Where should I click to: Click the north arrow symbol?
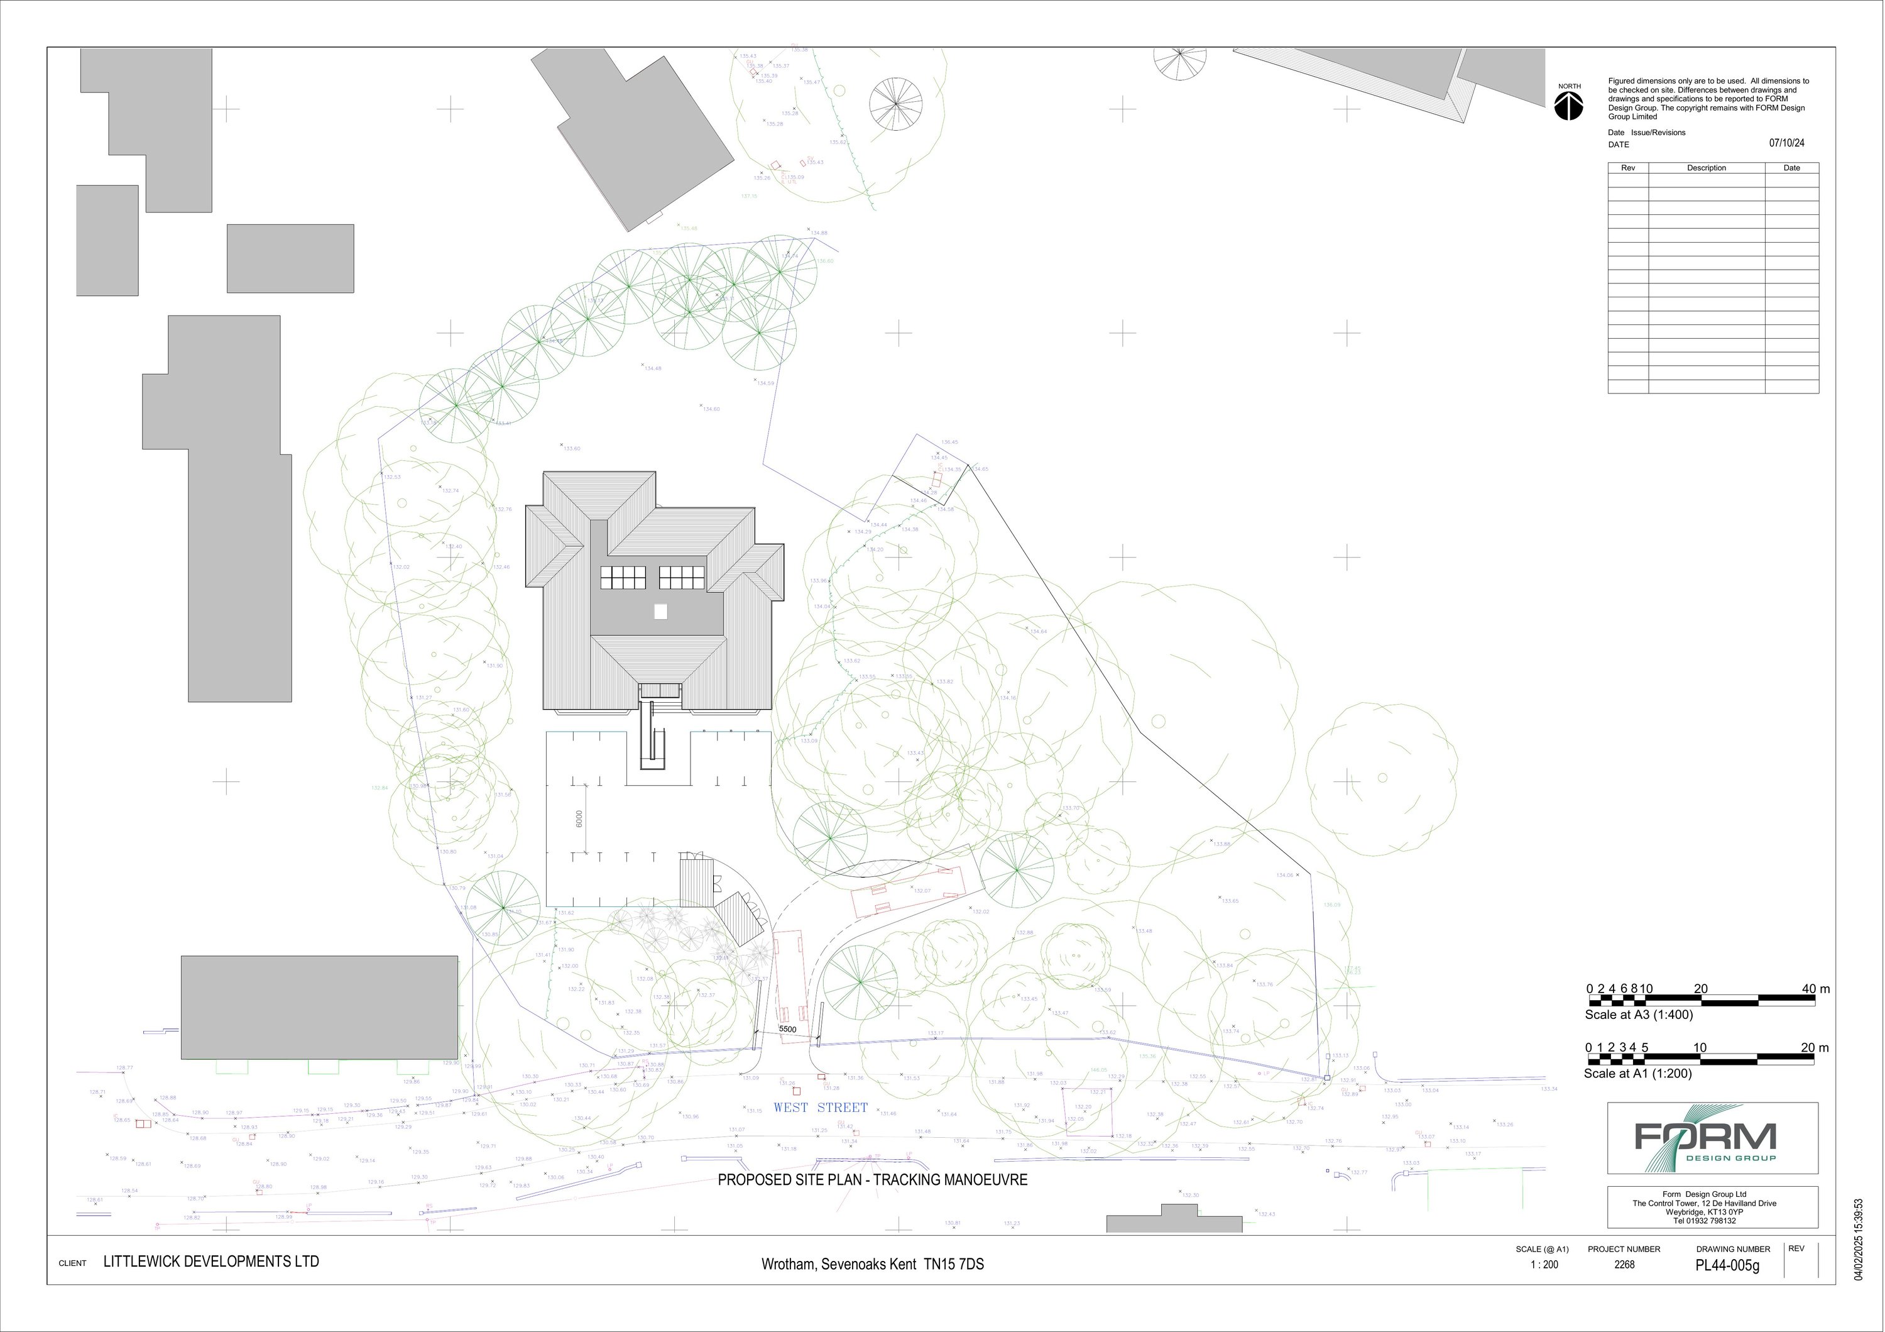(1569, 105)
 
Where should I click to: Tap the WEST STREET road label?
(820, 1107)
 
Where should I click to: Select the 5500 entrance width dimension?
(787, 1029)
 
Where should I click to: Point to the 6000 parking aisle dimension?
(579, 818)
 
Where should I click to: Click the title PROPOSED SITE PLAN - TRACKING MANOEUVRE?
(872, 1179)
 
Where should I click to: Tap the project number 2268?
(1624, 1265)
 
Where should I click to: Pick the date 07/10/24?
(1786, 143)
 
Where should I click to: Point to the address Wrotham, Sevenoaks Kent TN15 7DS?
(872, 1265)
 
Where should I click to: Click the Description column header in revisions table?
(1706, 168)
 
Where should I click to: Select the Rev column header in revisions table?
(1628, 168)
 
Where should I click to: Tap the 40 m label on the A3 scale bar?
(1815, 989)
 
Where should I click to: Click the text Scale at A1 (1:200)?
(1637, 1073)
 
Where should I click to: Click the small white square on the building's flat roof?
(660, 611)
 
